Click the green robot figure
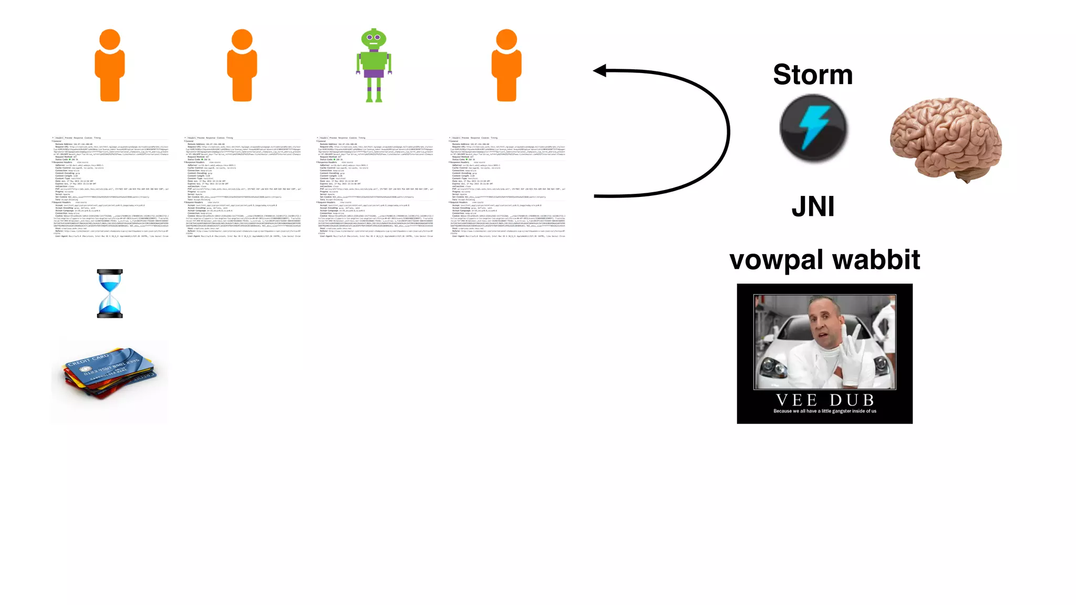tap(374, 66)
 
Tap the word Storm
tap(812, 75)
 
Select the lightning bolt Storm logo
tap(813, 128)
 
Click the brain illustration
tap(946, 139)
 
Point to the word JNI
tap(813, 206)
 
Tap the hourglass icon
tap(110, 294)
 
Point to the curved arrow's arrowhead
tap(600, 70)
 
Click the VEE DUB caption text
tap(824, 400)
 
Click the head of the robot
tap(374, 38)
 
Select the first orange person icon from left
tap(110, 66)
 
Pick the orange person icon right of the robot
tap(506, 66)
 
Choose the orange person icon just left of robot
tap(242, 66)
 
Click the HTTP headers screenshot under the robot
tap(375, 187)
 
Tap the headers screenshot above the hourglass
tap(110, 187)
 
